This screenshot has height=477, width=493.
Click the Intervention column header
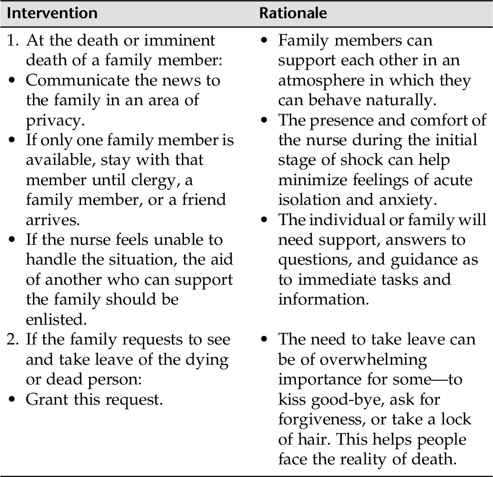52,13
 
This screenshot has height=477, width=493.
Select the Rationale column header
293,13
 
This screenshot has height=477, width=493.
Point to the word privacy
53,120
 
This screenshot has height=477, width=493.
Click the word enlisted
55,320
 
